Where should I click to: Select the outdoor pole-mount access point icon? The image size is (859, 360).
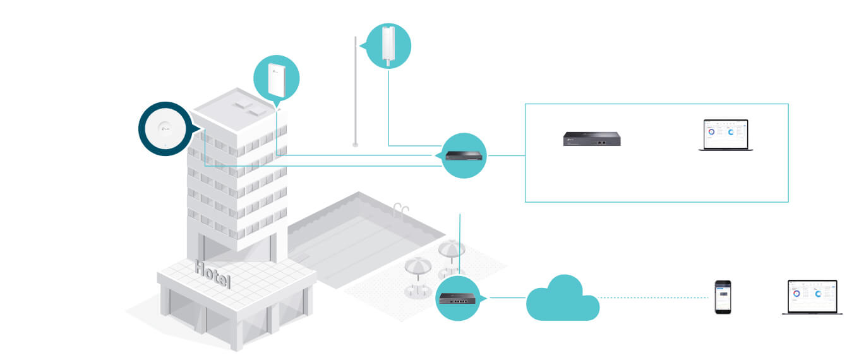click(388, 46)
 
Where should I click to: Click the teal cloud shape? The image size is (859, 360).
click(562, 299)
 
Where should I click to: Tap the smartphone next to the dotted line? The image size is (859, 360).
click(723, 297)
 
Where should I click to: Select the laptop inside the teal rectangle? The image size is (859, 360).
click(726, 135)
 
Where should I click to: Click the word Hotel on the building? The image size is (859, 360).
click(213, 274)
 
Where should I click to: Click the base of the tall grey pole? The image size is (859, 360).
click(356, 144)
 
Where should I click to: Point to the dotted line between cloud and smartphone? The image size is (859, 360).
click(651, 297)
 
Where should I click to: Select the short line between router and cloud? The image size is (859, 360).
click(503, 297)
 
